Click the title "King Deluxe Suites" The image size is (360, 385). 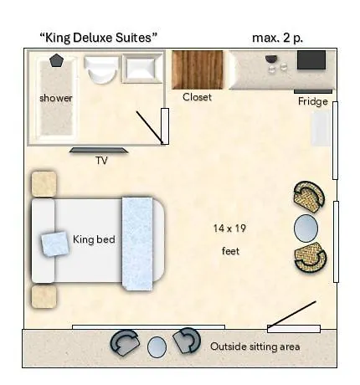tap(99, 38)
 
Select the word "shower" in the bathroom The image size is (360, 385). tap(55, 98)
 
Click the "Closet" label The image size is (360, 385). tap(198, 97)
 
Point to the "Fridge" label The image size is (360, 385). tap(312, 102)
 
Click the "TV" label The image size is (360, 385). tap(101, 161)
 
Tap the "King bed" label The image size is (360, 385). tap(94, 239)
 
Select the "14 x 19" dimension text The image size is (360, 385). tap(229, 228)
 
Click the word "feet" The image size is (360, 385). tap(231, 250)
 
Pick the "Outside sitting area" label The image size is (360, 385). tap(255, 346)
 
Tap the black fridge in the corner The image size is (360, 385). tap(311, 59)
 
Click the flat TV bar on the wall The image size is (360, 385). tap(98, 151)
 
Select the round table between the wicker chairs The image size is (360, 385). tap(306, 228)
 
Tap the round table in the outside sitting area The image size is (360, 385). tap(157, 346)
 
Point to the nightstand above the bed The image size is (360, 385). tap(44, 184)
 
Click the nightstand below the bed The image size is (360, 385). tap(44, 296)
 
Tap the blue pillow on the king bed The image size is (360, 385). tap(56, 244)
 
